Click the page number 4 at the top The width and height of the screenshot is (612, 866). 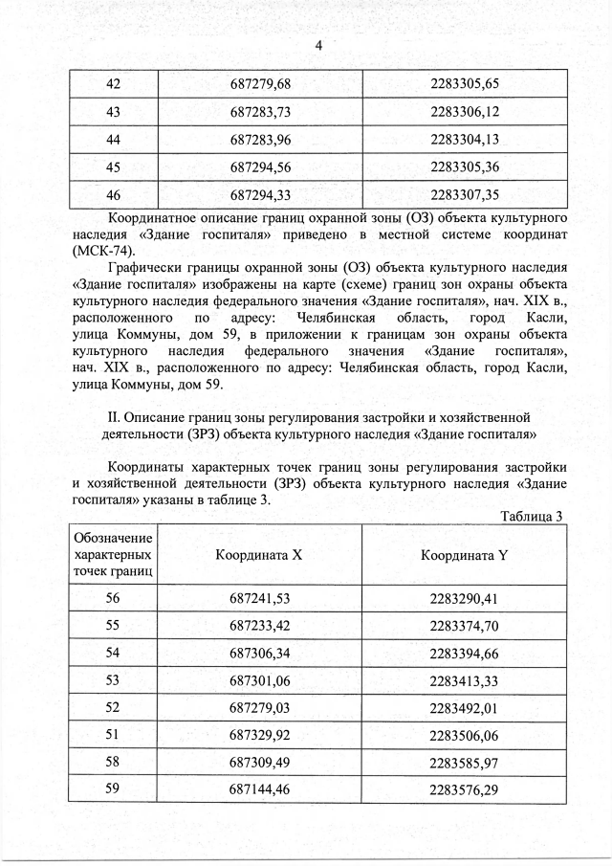[319, 46]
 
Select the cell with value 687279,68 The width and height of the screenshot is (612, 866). [260, 84]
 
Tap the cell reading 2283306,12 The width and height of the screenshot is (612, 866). [466, 112]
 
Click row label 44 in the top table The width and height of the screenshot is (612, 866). [113, 140]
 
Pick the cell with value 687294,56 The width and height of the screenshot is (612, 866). [260, 167]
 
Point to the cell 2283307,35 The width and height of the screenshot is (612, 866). [466, 195]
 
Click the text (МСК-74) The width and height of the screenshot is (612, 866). [103, 250]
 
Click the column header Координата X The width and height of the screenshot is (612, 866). [258, 555]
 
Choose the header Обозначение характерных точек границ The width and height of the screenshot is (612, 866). [113, 555]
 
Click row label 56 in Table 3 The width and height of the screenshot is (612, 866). [113, 599]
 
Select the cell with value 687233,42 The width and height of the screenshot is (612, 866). [259, 627]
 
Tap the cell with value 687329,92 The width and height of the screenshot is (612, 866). [259, 738]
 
